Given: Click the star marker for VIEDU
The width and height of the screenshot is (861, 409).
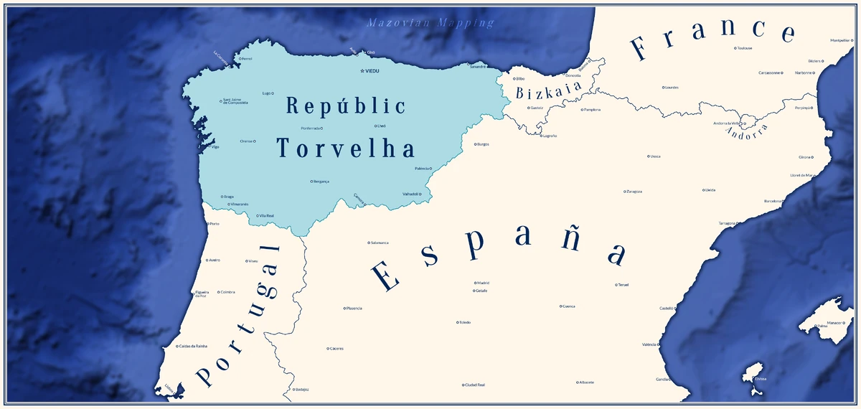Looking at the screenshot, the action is [x=362, y=71].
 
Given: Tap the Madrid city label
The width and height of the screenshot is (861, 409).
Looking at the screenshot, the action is [x=483, y=283].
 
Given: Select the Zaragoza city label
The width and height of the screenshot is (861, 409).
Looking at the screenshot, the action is [x=634, y=192].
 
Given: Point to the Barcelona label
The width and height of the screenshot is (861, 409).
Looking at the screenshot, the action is [x=773, y=201].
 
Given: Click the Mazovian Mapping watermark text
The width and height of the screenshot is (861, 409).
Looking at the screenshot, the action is [x=430, y=23].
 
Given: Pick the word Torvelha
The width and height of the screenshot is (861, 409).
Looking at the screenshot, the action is [x=346, y=149].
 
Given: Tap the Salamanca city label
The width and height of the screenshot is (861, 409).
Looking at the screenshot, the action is [x=380, y=243].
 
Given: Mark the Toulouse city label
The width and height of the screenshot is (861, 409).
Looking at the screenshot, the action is [x=744, y=48].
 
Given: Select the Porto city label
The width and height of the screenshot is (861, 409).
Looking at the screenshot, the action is [x=214, y=224].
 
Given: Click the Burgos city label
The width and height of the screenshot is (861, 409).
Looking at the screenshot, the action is [x=483, y=144].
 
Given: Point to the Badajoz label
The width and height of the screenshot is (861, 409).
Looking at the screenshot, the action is [x=301, y=390].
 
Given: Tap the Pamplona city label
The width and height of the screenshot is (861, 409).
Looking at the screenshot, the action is [x=592, y=110].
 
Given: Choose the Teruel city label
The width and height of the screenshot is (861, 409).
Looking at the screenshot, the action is [x=623, y=285].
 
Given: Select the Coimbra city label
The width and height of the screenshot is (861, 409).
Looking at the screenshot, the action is [x=227, y=292].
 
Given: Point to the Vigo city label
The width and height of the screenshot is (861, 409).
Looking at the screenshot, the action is [x=215, y=146].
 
